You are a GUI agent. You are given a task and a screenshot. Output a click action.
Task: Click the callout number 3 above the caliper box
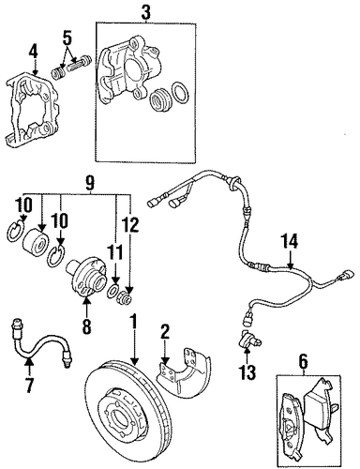coord(145,12)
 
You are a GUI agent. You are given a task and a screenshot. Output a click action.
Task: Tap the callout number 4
coord(34,53)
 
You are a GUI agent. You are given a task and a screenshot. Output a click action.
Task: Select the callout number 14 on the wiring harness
coord(289,242)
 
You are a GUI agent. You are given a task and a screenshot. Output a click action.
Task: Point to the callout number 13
coord(247,372)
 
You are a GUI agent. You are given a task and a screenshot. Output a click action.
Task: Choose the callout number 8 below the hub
coord(86,326)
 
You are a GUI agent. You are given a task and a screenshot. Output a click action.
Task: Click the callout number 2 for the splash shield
coord(165,332)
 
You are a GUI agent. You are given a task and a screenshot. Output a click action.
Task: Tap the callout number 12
coord(130,224)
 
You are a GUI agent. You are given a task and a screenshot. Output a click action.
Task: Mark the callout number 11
coord(114,252)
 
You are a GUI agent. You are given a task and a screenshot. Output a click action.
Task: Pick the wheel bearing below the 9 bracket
coord(36,241)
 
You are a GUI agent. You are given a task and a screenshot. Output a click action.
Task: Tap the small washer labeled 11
coord(112,291)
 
